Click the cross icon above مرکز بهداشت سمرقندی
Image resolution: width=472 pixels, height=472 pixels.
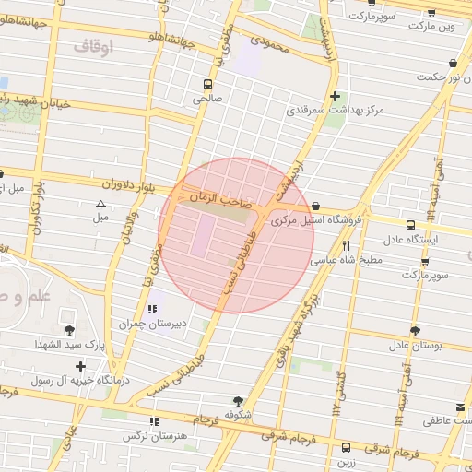pyautogui.click(x=335, y=96)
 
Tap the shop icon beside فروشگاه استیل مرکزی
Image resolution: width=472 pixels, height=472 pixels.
pyautogui.click(x=317, y=206)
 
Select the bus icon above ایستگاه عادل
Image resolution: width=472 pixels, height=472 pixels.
pyautogui.click(x=411, y=225)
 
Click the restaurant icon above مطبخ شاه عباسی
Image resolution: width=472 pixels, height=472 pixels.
pyautogui.click(x=347, y=246)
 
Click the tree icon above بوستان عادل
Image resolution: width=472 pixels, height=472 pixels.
pyautogui.click(x=415, y=331)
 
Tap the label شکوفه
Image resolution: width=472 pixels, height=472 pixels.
pyautogui.click(x=238, y=415)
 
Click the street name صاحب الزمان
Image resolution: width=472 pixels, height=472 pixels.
pyautogui.click(x=214, y=196)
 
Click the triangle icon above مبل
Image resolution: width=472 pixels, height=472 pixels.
pyautogui.click(x=100, y=204)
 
